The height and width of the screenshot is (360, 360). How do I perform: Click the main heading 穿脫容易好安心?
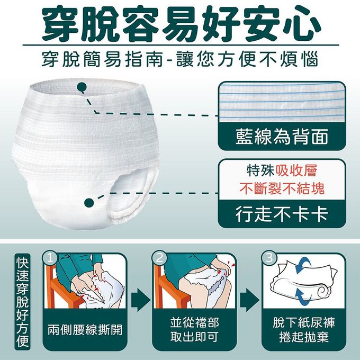coord(180,22)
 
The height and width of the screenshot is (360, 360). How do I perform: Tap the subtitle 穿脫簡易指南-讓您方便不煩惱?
coord(180,59)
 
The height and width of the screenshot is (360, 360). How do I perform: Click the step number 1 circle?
coord(50,258)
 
